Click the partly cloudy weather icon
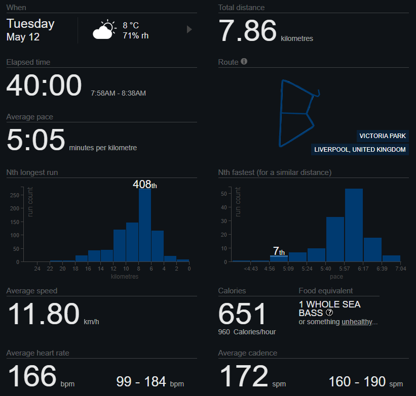pos(104,29)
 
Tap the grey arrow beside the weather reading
pos(189,29)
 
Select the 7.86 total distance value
pos(248,31)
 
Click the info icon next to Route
pos(244,62)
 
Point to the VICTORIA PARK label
pos(383,136)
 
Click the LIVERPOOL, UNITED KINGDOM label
pos(360,149)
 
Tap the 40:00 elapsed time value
pos(44,85)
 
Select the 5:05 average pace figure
pos(36,140)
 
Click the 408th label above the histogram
pos(145,184)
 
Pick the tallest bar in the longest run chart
pos(145,225)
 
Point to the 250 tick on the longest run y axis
pos(15,195)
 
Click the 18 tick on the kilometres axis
pos(75,269)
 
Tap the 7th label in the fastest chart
pos(279,251)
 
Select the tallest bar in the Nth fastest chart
pos(354,225)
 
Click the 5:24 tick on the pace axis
pos(307,269)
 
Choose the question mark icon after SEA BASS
pos(329,313)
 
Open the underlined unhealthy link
pos(357,322)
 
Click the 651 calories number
pos(242,314)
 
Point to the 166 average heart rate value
pos(32,376)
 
